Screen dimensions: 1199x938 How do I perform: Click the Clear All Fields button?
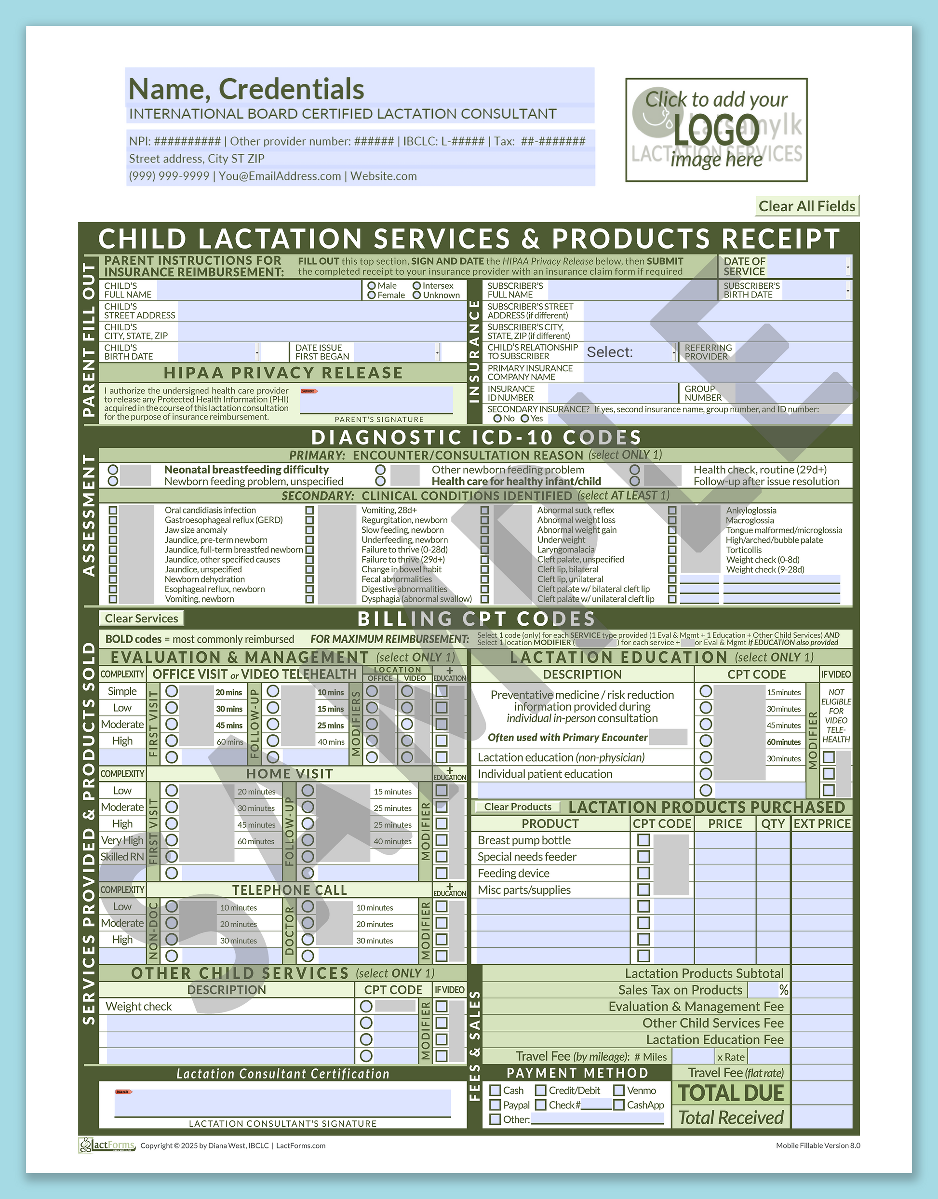[x=807, y=206]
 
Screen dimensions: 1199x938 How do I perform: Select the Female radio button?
[x=372, y=295]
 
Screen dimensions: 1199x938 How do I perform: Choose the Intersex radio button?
[x=417, y=285]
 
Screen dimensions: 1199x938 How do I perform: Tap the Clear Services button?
[x=141, y=619]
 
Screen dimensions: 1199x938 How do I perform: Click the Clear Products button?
[x=517, y=807]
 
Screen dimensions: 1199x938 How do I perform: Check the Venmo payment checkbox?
[x=619, y=1090]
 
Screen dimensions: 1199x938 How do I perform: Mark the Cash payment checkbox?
[x=496, y=1090]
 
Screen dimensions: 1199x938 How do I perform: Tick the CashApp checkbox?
[x=619, y=1105]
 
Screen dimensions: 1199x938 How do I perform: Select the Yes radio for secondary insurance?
[x=525, y=418]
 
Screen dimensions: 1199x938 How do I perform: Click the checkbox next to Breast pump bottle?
[x=643, y=840]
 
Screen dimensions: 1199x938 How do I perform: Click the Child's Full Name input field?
[x=258, y=290]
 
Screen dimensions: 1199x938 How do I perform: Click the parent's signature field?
[x=376, y=400]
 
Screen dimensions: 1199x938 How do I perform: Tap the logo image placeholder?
[x=716, y=130]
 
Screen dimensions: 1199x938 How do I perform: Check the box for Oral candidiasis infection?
[x=113, y=510]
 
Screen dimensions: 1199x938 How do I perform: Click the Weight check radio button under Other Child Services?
[x=366, y=1006]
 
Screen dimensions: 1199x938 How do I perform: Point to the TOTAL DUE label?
[x=730, y=1093]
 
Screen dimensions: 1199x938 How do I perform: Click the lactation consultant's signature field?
[x=282, y=1103]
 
